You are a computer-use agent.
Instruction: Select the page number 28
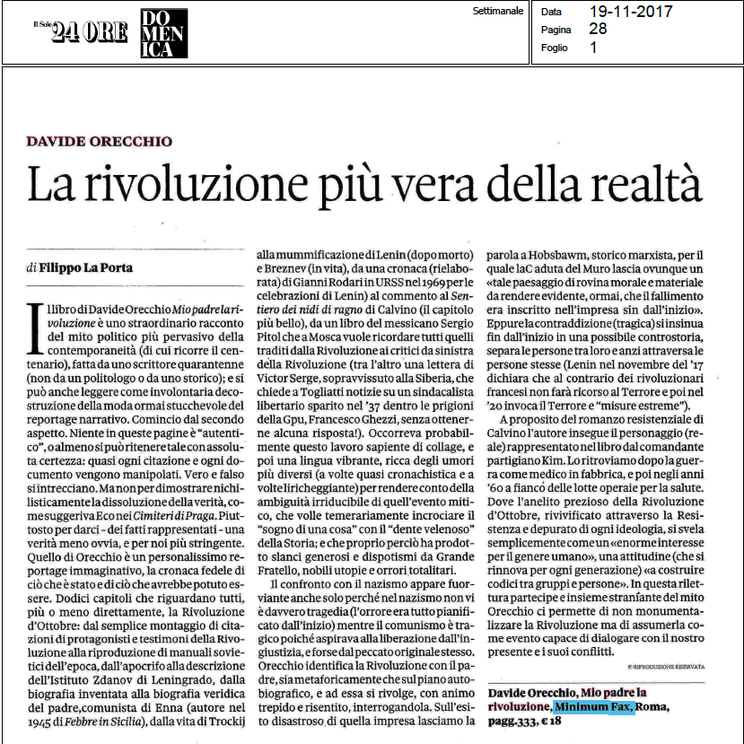pos(598,29)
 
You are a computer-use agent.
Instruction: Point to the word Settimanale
pos(497,11)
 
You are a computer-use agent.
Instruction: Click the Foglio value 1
pos(593,48)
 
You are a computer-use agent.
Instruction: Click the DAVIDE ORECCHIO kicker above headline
pos(99,142)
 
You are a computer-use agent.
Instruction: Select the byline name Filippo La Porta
pos(91,267)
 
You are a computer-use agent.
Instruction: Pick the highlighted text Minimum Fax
pos(593,708)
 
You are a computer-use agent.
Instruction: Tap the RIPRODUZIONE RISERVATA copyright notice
pos(661,666)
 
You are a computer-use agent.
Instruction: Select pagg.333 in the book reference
pos(515,722)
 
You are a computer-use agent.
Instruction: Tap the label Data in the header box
pos(553,12)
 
